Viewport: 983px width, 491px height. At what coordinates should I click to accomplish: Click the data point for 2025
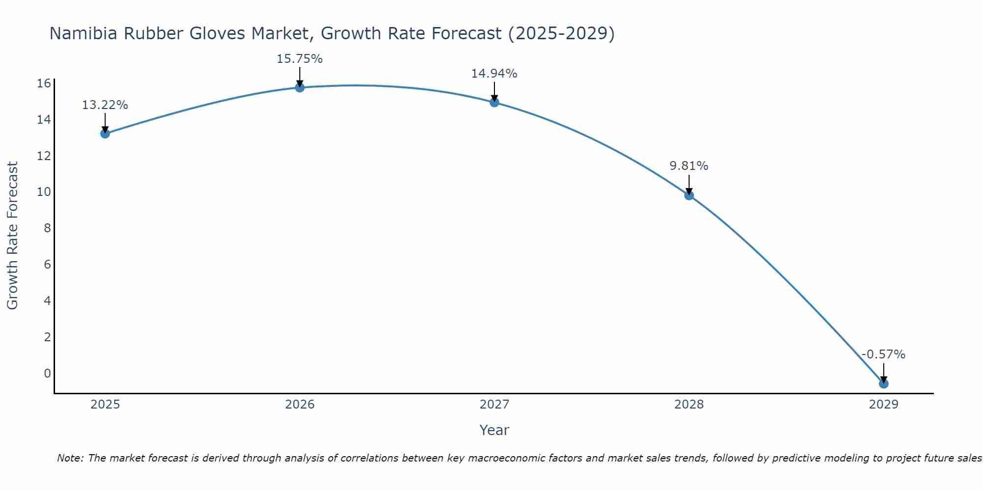pos(105,134)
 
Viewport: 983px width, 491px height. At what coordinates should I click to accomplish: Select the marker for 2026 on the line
pos(300,87)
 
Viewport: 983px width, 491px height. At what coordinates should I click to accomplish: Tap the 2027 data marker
pos(494,102)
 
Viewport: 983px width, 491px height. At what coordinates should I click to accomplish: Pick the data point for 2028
pos(689,195)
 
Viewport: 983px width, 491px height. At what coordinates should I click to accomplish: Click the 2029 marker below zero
pos(884,383)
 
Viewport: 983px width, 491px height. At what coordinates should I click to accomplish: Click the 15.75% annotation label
pos(299,59)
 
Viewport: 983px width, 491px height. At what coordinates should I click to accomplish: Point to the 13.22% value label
pos(105,105)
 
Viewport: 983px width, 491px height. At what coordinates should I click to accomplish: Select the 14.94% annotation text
pos(494,74)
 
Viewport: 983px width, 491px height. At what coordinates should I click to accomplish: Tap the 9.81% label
pos(689,166)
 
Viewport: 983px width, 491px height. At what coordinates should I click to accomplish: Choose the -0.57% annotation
pos(883,355)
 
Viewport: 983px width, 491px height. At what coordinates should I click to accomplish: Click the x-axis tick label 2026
pos(300,405)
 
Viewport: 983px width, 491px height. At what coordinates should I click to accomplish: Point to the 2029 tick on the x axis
pos(884,405)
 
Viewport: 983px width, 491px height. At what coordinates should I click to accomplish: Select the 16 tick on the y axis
pos(44,83)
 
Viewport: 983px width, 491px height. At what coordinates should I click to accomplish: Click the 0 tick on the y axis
pos(47,373)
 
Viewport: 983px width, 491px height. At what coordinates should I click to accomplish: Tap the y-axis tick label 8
pos(47,228)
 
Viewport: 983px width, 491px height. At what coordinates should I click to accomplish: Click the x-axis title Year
pos(494,430)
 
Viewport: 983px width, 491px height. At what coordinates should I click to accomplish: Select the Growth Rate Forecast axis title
pos(12,236)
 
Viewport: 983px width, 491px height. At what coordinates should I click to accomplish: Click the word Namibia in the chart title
pos(83,33)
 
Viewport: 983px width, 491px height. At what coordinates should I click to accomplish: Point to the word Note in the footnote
pos(70,458)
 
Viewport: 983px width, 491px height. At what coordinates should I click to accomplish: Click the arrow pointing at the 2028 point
pos(689,185)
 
